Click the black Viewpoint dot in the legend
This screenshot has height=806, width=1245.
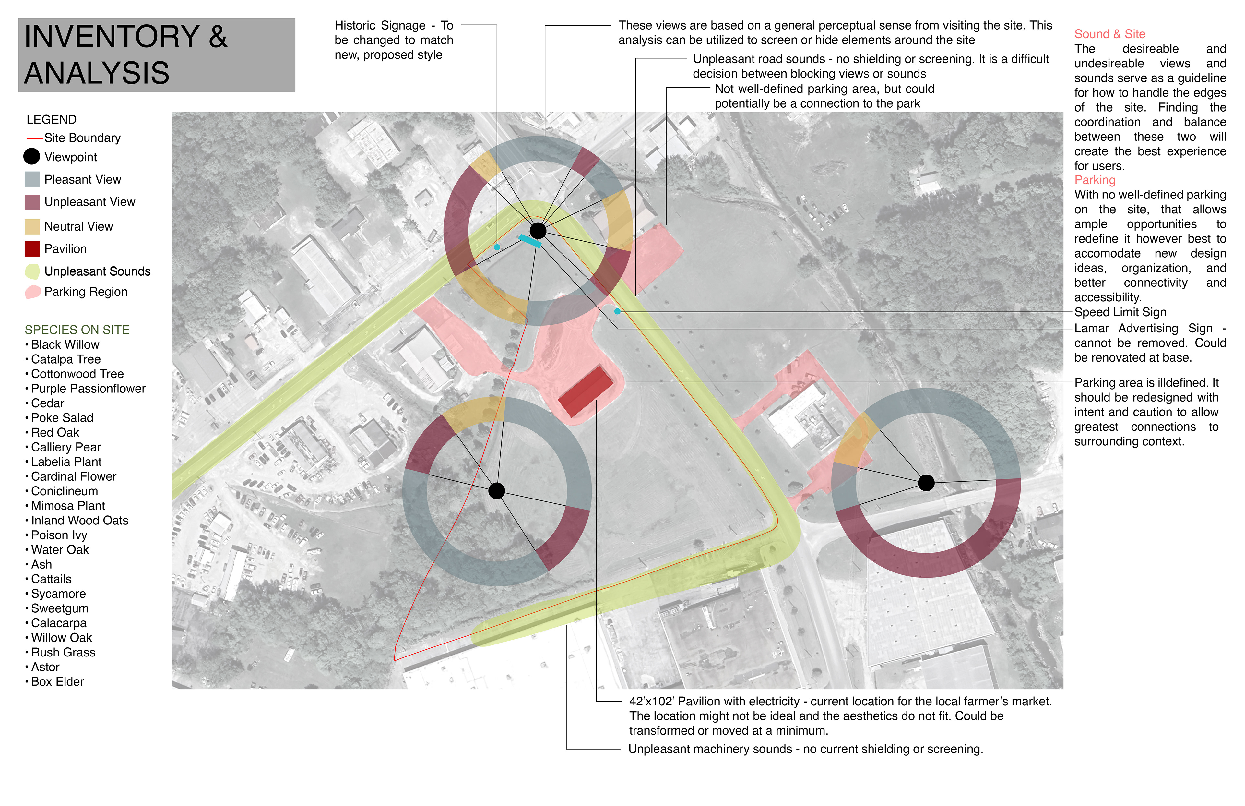(32, 156)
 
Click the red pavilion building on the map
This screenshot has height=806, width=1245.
(585, 391)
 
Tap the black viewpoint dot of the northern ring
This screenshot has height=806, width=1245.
(538, 230)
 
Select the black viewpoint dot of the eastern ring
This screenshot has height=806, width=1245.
(926, 483)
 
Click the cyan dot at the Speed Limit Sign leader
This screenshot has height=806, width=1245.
(617, 311)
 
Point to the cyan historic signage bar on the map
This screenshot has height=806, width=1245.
(529, 241)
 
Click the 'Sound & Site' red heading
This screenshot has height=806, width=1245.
(1109, 34)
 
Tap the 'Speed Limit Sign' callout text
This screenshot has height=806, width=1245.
(1120, 312)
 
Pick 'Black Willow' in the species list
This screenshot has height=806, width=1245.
(65, 345)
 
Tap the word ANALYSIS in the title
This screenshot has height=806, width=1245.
(97, 73)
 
